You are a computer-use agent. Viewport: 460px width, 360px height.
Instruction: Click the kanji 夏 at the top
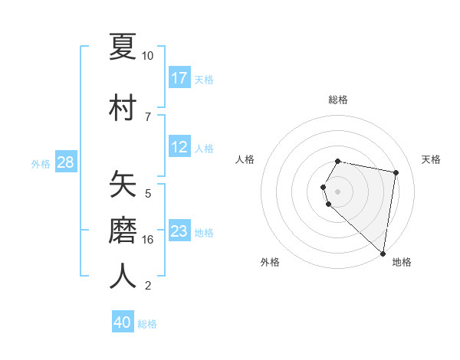123,46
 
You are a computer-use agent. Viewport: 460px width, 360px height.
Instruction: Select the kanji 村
123,108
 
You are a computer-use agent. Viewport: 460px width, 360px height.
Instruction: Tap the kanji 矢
123,185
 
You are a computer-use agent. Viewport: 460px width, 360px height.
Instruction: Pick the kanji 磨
123,231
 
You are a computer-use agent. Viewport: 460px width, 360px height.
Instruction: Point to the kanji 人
123,277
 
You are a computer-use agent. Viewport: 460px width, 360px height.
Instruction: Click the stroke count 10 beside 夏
147,56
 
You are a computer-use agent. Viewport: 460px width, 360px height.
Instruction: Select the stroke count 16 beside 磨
147,240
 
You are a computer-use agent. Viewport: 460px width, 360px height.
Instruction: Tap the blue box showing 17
179,78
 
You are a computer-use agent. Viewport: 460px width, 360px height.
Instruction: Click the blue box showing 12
179,147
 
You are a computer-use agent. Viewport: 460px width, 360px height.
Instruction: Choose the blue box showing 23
179,231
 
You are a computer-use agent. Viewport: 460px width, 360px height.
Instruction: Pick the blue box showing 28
65,162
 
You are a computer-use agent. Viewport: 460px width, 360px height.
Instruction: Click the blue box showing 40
123,322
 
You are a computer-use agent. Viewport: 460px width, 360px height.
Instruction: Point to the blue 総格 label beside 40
147,324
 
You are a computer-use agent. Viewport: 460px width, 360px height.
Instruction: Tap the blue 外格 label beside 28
41,164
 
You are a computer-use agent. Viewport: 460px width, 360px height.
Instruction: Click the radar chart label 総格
338,100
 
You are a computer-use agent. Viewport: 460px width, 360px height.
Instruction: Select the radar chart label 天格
432,159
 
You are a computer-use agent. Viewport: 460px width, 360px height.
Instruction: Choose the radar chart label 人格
245,159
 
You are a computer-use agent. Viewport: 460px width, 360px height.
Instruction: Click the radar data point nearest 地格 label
383,254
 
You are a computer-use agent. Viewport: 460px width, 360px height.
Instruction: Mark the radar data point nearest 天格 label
396,173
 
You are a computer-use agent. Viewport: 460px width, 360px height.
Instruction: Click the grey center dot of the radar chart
338,191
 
